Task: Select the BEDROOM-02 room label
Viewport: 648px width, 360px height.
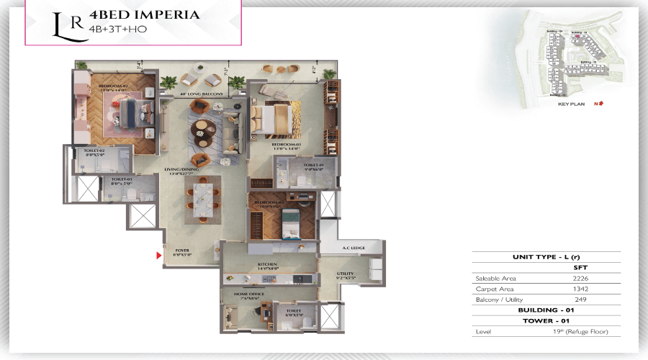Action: pos(113,86)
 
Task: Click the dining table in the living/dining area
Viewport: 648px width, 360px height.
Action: pos(202,198)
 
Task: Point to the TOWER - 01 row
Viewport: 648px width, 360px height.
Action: pos(546,320)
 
